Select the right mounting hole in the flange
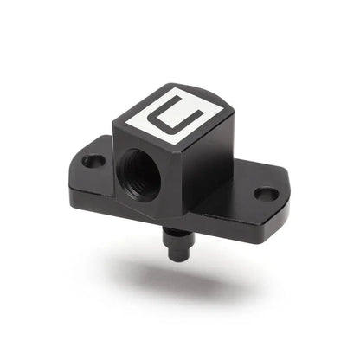[267, 194]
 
